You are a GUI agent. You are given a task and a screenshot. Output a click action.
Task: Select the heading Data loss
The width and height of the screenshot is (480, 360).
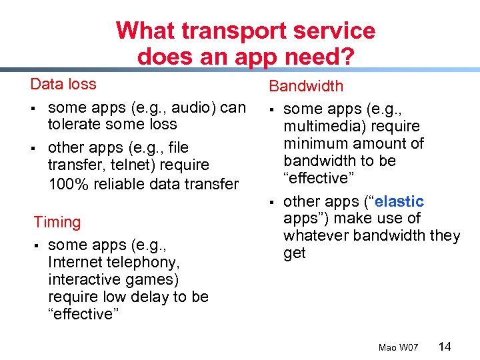[x=63, y=84]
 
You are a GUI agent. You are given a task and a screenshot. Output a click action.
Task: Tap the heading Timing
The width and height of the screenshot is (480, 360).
[x=57, y=222]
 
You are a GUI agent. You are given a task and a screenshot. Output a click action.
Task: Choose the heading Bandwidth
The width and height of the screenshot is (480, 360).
[x=306, y=86]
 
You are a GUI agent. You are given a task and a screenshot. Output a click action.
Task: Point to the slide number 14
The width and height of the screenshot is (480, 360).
[x=445, y=346]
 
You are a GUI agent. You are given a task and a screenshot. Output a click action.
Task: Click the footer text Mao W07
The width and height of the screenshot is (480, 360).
[x=398, y=347]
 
